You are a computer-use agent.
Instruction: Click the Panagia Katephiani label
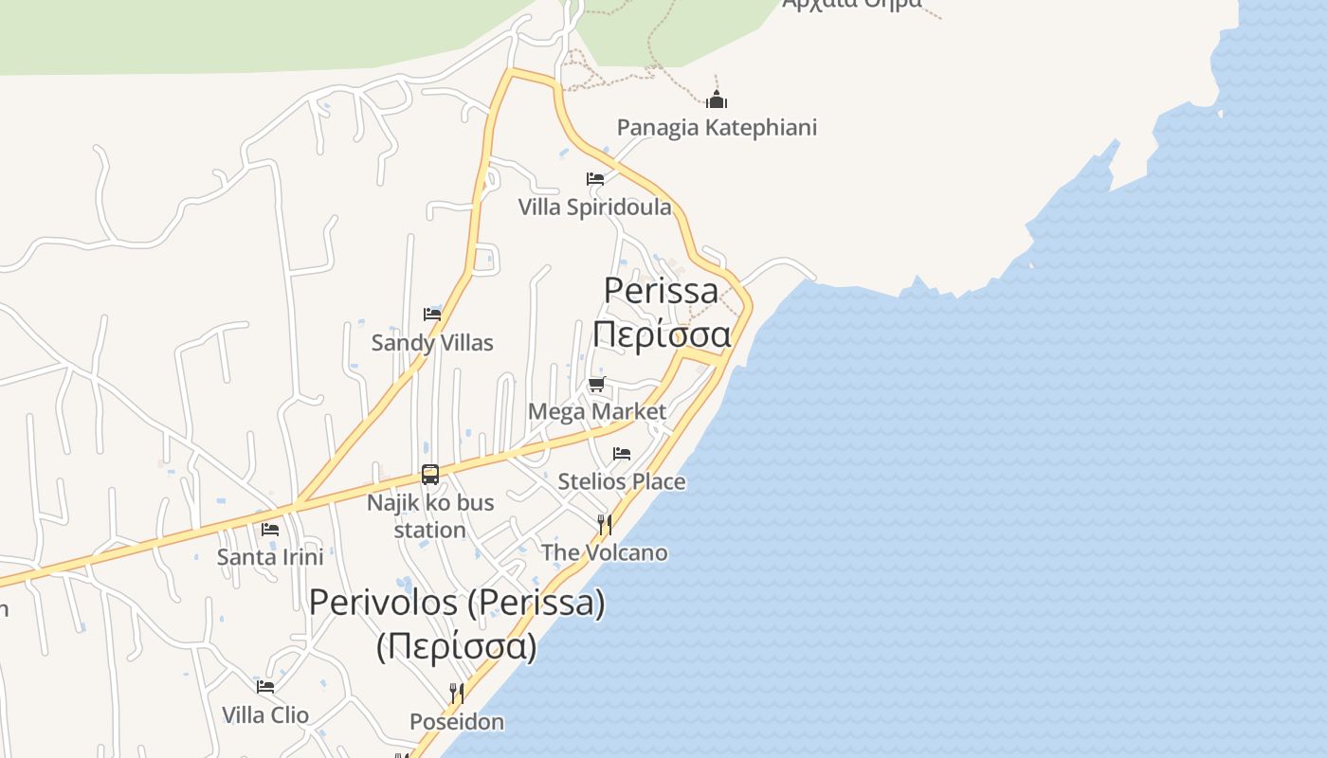717,127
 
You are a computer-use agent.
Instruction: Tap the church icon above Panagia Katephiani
717,99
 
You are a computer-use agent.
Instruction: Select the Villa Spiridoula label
594,207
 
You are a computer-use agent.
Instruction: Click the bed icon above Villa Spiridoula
595,178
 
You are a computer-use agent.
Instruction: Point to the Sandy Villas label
432,342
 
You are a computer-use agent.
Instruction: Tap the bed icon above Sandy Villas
432,314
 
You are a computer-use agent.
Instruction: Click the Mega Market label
597,411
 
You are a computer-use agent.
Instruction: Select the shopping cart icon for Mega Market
596,384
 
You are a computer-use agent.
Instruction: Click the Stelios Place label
622,481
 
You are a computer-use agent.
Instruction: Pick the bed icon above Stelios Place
622,454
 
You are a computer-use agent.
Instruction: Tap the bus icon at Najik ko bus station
430,475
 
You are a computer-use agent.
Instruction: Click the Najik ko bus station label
430,515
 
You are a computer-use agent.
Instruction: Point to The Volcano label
604,552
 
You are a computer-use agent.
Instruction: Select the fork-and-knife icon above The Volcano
604,524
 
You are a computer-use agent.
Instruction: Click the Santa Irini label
270,556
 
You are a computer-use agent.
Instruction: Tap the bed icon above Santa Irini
270,529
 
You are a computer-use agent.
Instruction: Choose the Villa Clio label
265,714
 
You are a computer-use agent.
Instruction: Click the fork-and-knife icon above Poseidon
457,694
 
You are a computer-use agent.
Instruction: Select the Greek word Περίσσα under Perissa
662,334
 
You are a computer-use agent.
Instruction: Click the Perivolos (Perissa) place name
457,603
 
